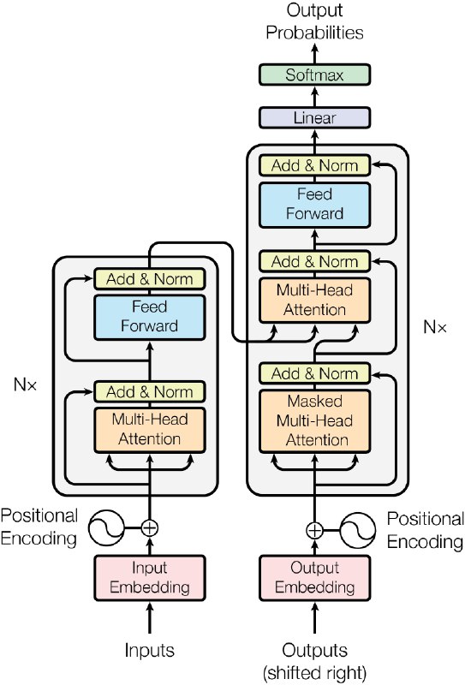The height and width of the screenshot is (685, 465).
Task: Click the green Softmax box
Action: [x=313, y=75]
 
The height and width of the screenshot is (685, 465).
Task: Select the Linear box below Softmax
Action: [x=313, y=118]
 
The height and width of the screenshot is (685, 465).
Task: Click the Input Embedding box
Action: [x=150, y=577]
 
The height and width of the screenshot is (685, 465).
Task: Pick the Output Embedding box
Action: [x=314, y=577]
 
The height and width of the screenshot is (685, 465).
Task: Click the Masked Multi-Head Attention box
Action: [x=314, y=420]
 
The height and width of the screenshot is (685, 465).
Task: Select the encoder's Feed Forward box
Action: [x=150, y=316]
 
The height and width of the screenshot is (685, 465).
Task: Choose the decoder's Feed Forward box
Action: [x=314, y=204]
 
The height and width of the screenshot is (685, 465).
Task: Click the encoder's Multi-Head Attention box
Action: [x=150, y=429]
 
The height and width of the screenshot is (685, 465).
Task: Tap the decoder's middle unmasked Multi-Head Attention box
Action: [x=314, y=300]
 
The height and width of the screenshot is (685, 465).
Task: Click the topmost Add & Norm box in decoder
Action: [x=314, y=165]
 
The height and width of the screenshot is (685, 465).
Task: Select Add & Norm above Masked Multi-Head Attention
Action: [x=314, y=373]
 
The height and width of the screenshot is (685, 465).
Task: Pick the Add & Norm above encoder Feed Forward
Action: [x=150, y=278]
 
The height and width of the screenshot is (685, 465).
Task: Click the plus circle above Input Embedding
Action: [x=150, y=527]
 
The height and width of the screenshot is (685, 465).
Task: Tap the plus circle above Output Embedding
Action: [x=314, y=529]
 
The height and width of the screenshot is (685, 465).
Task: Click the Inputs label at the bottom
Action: [x=150, y=651]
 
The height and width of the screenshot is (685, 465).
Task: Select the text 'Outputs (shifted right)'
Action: [x=314, y=659]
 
